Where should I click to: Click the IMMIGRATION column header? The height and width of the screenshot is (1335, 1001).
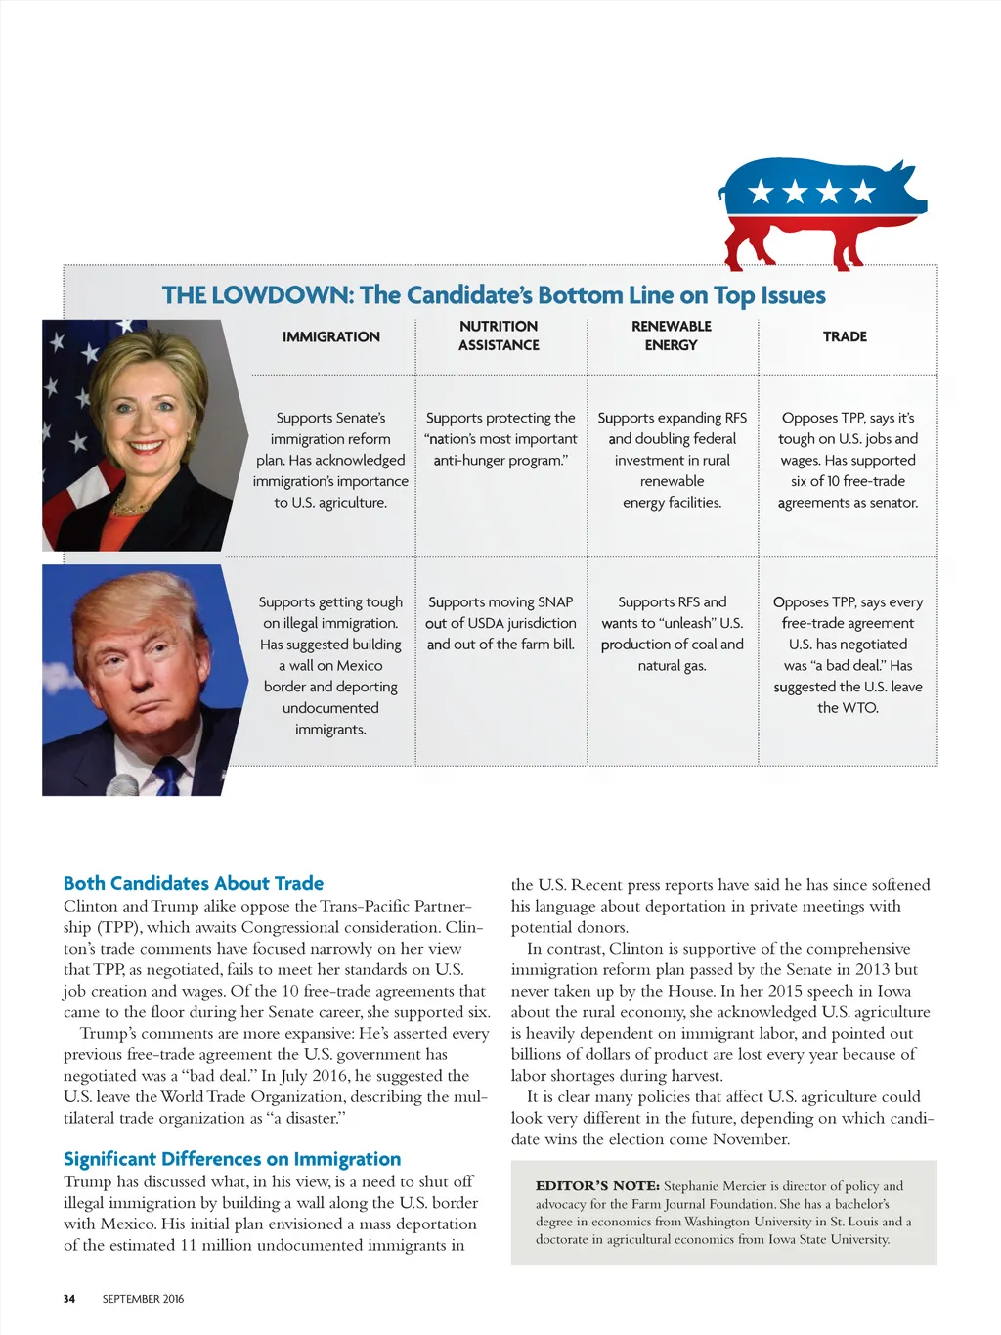[330, 336]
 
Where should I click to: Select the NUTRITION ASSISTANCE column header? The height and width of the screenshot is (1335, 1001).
[499, 335]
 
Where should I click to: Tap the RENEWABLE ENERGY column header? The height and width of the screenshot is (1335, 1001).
[672, 335]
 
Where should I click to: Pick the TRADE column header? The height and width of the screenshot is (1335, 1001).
[845, 336]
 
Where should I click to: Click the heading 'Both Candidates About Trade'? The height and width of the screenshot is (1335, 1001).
[194, 883]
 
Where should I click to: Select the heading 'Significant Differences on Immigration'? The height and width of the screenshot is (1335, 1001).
[232, 1159]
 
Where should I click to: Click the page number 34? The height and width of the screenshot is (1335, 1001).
[69, 1299]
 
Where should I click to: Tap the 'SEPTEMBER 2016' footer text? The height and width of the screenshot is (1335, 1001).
[143, 1299]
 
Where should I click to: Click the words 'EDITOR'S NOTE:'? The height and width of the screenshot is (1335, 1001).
[597, 1186]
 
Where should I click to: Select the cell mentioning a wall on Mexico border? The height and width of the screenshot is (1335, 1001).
[330, 665]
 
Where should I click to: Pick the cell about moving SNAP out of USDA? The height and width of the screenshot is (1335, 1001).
[500, 623]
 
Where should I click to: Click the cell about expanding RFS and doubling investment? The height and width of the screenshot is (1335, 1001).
[673, 460]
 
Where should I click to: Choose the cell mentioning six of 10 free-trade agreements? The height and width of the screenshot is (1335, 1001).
[848, 460]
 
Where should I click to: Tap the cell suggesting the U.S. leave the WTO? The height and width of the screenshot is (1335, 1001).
[848, 654]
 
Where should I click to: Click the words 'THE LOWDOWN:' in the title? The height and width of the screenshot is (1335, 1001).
[257, 295]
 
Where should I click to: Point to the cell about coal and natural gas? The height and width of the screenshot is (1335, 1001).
[673, 634]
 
